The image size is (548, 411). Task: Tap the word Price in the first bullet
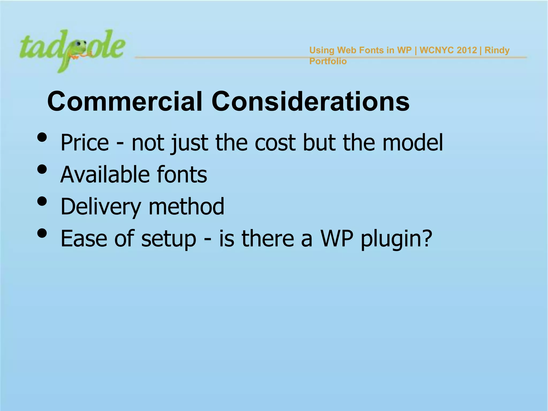pyautogui.click(x=85, y=143)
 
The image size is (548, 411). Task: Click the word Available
pyautogui.click(x=104, y=175)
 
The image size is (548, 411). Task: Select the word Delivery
pyautogui.click(x=101, y=207)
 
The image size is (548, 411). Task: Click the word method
pyautogui.click(x=186, y=207)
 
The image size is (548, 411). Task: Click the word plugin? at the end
pyautogui.click(x=396, y=239)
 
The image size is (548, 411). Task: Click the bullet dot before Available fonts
pyautogui.click(x=42, y=169)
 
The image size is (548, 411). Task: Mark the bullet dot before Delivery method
pyautogui.click(x=42, y=201)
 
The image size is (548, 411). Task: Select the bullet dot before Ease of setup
pyautogui.click(x=42, y=233)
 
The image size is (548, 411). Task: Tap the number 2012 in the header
pyautogui.click(x=467, y=50)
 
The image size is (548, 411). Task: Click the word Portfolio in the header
pyautogui.click(x=328, y=61)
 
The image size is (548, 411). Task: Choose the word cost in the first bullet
pyautogui.click(x=275, y=143)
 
